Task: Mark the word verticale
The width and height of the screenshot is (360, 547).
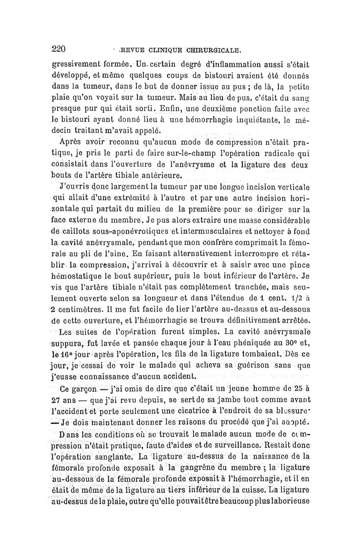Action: click(292, 186)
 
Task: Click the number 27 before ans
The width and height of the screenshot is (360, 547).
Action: click(56, 399)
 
